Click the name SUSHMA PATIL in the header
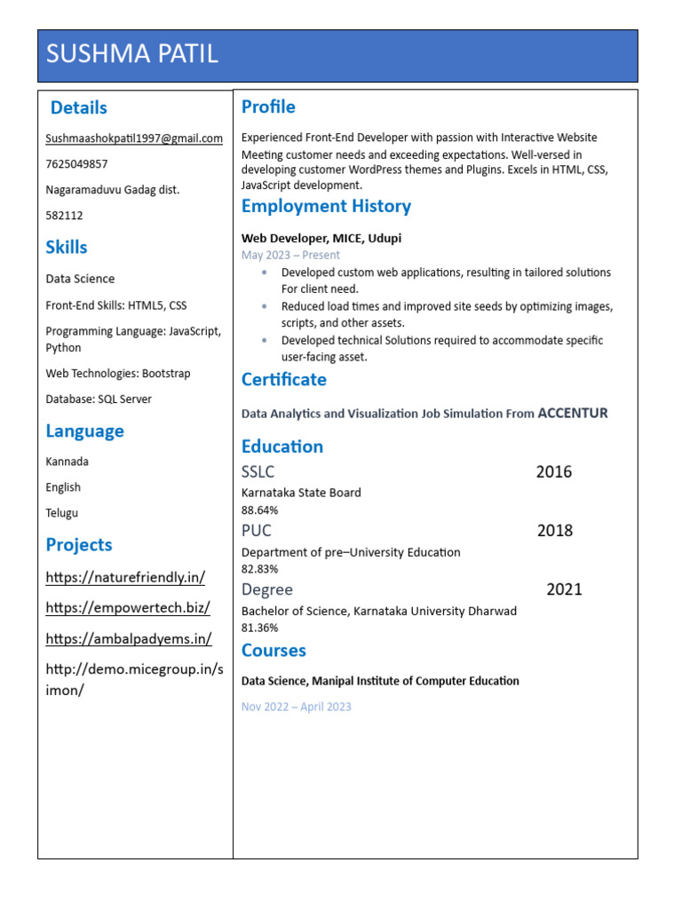coord(131,54)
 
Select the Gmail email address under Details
coord(134,138)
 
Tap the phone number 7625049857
coord(77,164)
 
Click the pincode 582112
coord(63,216)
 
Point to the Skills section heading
coord(67,247)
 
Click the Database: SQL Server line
coord(99,399)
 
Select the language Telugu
coord(62,513)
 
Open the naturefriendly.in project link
coord(125,578)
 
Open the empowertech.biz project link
coord(128,608)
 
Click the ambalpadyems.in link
coord(129,639)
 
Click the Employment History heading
coord(326,207)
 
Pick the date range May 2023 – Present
coord(290,255)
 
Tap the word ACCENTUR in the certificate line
coord(573,413)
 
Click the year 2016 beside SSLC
coord(554,472)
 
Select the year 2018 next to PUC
coord(555,531)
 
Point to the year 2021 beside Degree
coord(564,589)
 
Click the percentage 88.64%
coord(259,510)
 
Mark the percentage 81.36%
coord(259,628)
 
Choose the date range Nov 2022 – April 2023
coord(296,707)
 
